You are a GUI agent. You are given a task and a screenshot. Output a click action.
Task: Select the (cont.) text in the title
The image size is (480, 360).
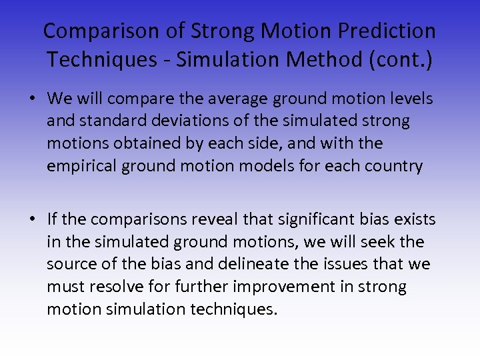pos(400,59)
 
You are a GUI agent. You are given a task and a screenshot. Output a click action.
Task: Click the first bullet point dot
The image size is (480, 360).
pos(32,99)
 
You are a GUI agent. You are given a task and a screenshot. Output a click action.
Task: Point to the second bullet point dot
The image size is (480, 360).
pos(32,219)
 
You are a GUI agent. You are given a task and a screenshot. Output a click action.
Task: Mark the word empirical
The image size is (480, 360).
pos(81,166)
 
